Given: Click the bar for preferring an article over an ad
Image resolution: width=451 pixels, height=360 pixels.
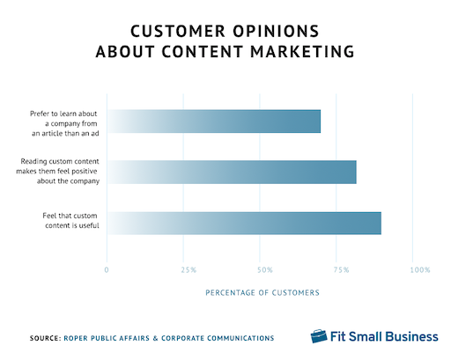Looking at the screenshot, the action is tap(214, 121).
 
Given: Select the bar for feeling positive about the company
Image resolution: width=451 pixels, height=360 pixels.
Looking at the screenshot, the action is tap(232, 172).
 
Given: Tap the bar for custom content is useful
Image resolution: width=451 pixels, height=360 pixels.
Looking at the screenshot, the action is tap(244, 223).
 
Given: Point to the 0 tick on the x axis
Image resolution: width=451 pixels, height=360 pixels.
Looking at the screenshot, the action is tap(107, 269).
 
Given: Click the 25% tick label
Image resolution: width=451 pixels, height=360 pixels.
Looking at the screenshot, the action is tap(189, 269).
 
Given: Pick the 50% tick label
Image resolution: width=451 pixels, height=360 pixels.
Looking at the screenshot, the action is tap(265, 269).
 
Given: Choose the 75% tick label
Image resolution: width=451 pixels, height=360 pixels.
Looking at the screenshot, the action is tap(341, 269).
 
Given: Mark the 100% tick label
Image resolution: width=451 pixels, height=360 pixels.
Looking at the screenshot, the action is tap(420, 269).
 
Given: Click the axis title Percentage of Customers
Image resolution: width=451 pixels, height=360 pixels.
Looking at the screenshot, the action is tap(262, 292).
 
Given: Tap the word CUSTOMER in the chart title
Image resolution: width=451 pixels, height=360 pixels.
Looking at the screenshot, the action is tap(178, 31).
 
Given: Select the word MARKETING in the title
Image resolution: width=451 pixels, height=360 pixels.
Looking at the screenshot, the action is tap(302, 52).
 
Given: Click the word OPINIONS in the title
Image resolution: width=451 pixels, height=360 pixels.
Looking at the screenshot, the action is tap(276, 31).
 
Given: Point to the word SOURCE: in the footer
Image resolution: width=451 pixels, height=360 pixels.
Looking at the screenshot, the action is tap(45, 338).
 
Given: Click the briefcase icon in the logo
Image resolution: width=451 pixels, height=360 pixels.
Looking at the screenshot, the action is tap(319, 336).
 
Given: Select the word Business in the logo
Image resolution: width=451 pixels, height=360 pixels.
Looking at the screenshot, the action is tap(411, 336).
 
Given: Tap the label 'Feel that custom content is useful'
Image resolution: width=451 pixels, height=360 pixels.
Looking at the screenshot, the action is tap(70, 221).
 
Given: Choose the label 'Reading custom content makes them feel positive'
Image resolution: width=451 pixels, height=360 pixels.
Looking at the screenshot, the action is tap(57, 171).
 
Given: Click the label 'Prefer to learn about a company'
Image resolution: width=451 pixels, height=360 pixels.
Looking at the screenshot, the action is tap(64, 123).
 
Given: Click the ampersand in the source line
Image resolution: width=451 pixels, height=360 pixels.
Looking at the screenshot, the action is tap(156, 338).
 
